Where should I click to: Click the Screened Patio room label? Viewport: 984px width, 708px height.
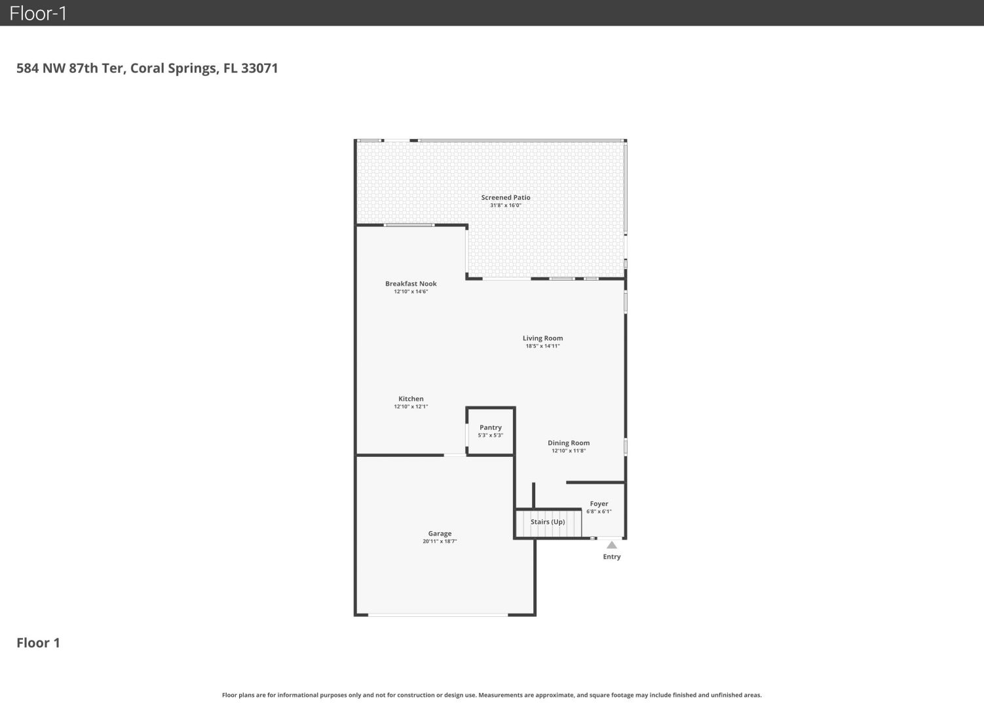506,198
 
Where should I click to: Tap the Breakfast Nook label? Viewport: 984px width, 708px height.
411,284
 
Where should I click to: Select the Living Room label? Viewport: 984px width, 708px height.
542,338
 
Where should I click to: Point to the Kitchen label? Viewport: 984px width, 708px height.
411,399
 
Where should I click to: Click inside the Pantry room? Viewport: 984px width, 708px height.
490,431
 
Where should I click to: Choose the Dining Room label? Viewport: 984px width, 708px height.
569,443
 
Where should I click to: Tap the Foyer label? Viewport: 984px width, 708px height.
599,503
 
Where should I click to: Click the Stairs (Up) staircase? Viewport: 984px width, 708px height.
548,523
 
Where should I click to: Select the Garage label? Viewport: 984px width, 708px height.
440,534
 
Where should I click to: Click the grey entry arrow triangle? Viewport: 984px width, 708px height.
611,545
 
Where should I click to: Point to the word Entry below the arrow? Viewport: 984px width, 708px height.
611,557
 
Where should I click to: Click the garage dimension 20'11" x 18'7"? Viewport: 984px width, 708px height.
440,541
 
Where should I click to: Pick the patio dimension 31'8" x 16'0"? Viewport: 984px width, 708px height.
506,205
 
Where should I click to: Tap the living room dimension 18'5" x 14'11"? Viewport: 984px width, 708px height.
542,346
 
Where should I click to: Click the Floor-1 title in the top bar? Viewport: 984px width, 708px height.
38,13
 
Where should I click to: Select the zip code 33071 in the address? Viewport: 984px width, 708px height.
259,68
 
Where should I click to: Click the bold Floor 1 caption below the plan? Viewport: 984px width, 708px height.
38,643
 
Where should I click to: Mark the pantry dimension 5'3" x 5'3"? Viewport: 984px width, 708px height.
490,435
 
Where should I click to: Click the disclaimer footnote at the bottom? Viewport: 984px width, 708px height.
491,696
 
